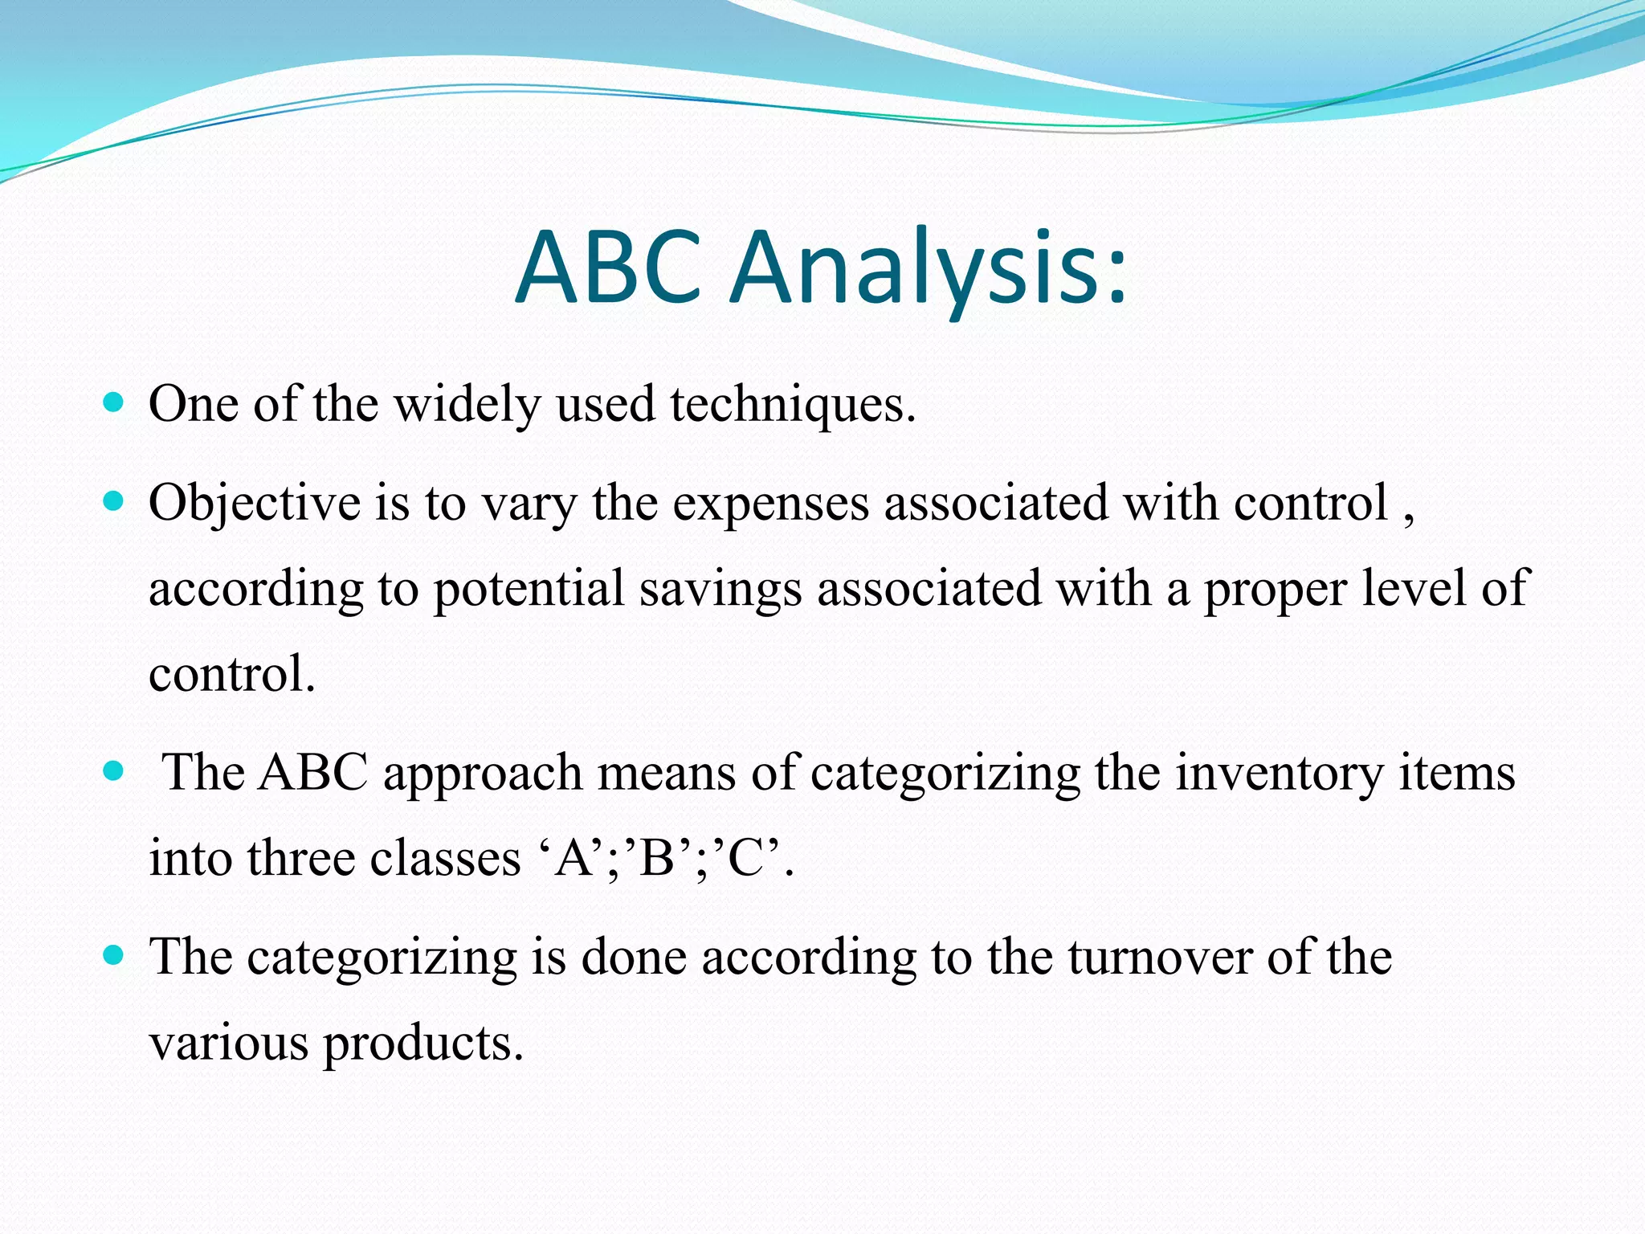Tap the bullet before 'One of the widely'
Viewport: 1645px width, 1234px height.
coord(114,402)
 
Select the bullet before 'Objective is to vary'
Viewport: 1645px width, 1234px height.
coord(114,502)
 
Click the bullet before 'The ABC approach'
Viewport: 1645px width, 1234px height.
coord(114,771)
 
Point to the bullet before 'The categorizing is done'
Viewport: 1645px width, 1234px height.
coord(114,955)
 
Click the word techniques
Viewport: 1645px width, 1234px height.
coord(792,403)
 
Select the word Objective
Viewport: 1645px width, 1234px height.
coord(255,505)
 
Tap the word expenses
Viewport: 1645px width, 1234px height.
coord(770,505)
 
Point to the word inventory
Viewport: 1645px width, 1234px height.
coord(1280,774)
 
